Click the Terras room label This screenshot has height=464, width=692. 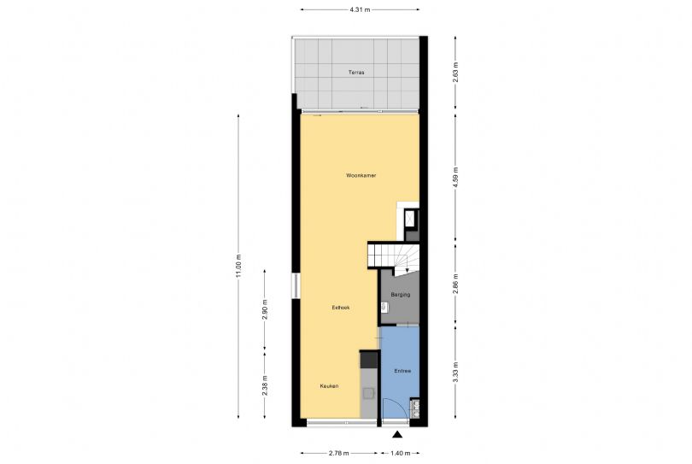[356, 73]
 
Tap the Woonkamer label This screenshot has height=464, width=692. [361, 176]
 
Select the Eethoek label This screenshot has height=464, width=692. [341, 308]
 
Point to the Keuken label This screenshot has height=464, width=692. [329, 386]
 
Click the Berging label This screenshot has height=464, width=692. [401, 295]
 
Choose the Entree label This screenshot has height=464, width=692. [402, 372]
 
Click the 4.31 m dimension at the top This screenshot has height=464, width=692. [361, 9]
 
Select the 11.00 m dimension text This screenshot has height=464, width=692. [238, 267]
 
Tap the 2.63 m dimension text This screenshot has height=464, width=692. [456, 72]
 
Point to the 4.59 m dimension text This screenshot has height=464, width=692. [456, 176]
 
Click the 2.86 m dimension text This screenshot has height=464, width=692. [456, 284]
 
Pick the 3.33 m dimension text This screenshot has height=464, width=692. [456, 372]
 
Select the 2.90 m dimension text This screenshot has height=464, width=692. [265, 309]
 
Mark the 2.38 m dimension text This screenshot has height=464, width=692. [265, 385]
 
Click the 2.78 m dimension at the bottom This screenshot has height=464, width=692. [339, 454]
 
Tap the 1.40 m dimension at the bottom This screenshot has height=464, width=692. [401, 454]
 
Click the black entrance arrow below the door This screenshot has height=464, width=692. [397, 435]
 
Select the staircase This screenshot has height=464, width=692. [393, 256]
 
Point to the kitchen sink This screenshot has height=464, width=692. [368, 393]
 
